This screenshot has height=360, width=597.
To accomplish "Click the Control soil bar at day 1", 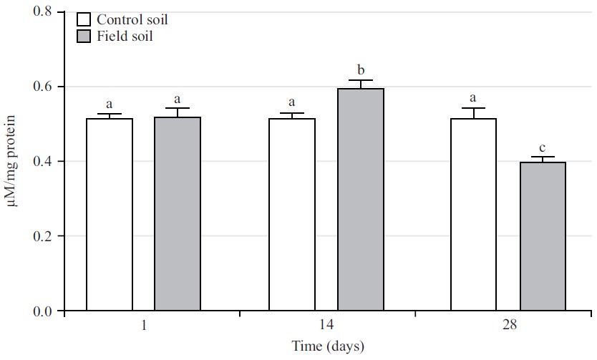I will coord(110,215).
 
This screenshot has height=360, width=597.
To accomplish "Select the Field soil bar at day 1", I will coord(178,214).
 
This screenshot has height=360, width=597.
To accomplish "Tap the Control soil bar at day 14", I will coord(292,215).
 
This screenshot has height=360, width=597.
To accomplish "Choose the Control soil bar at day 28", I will coord(473,215).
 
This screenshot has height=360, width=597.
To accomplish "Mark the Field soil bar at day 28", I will coord(542,236).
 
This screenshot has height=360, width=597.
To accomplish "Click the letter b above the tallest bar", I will coord(361,70).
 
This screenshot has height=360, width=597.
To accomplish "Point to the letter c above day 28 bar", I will coord(542,147).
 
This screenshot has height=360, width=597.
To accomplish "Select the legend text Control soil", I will coord(132,19).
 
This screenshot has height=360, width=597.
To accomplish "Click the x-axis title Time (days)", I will coord(328,347).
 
